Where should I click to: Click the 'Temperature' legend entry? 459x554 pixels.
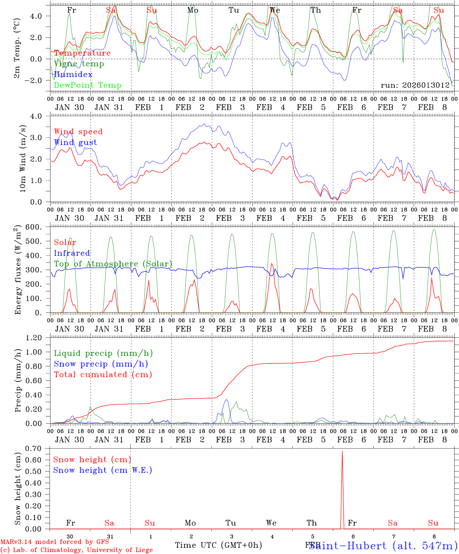pos(82,53)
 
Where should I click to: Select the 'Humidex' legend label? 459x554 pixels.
pos(73,75)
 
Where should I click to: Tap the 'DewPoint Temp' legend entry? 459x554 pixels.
pos(88,85)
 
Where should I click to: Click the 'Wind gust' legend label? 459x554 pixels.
pos(75,142)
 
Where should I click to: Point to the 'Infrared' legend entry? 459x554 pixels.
pos(72,253)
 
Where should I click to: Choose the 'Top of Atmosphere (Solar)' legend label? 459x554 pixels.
pos(113,264)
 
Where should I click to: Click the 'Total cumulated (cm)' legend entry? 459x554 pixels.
pos(103,374)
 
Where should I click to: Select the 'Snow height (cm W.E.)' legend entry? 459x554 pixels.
pos(103,470)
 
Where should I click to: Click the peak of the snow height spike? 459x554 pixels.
pos(342,451)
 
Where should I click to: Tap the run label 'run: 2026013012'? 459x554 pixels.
pos(415,85)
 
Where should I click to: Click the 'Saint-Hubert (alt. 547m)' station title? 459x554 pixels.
pos(383,546)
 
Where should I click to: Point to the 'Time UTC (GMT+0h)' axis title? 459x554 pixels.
pos(219,545)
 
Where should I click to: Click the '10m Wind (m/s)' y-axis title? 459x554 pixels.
pos(22,159)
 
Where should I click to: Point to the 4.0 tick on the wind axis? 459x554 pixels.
pos(42,116)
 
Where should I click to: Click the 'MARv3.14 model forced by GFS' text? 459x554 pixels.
pos(55,542)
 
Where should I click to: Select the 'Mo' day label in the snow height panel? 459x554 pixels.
pos(190,523)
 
